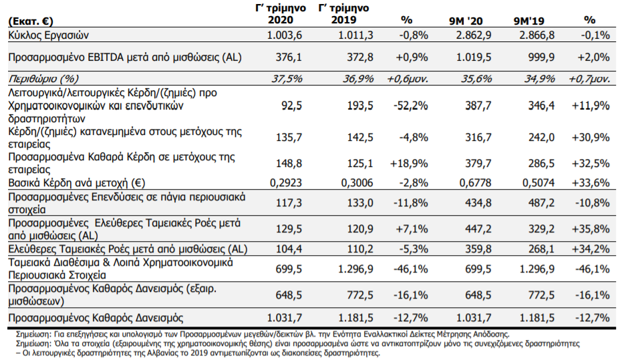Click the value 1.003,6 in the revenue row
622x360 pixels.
click(285, 35)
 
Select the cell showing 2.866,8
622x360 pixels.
click(537, 35)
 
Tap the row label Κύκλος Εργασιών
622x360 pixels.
click(48, 35)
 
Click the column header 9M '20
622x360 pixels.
click(466, 21)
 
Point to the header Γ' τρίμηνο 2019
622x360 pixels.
click(344, 14)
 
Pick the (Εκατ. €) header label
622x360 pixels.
click(31, 21)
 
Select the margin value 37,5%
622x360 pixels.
click(287, 79)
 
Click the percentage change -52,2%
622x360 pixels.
click(411, 106)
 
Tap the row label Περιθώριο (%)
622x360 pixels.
click(43, 79)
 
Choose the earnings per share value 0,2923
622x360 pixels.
click(286, 183)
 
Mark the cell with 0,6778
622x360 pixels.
click(475, 183)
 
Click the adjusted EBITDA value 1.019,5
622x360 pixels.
click(474, 57)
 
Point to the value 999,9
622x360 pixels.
click(542, 57)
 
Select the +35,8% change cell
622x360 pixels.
click(591, 229)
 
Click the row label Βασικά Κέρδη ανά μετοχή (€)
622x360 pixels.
click(77, 183)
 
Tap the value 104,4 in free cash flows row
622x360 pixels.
click(289, 249)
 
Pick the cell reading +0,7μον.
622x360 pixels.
click(589, 79)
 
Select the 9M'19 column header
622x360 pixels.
click(528, 21)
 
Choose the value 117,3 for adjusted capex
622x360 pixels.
click(289, 203)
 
